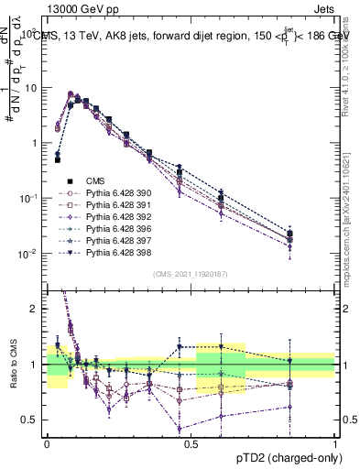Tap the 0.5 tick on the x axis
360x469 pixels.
click(191, 443)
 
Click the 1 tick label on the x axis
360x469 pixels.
click(335, 443)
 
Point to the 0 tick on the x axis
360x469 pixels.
click(47, 443)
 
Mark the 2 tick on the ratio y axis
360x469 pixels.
click(34, 309)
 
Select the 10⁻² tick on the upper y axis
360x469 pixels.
click(28, 254)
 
